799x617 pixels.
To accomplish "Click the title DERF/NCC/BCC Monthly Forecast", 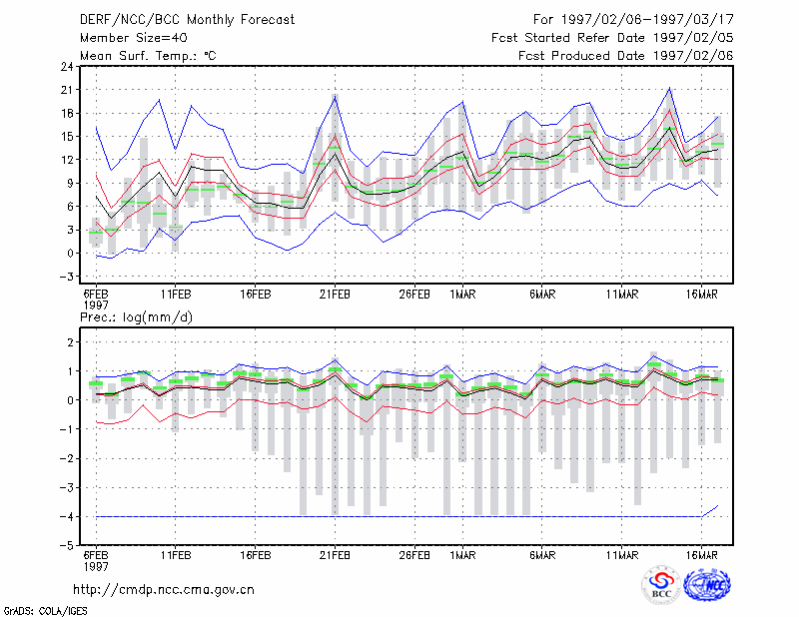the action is click(187, 20).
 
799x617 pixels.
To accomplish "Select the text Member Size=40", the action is click(134, 38).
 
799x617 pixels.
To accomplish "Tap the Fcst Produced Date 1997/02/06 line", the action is click(625, 56).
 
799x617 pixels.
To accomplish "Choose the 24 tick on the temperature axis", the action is click(67, 66).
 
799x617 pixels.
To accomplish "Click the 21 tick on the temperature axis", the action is click(67, 90).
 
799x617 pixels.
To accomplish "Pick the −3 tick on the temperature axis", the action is click(66, 277).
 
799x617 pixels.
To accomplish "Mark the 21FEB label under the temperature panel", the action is click(335, 295).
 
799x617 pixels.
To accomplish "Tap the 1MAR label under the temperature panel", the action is click(462, 295).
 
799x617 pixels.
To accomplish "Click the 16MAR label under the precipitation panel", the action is click(702, 555).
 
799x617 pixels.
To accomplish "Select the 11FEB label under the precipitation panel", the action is click(176, 555).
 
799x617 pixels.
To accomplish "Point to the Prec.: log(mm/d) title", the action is click(136, 317).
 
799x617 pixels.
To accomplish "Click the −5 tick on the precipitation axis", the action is click(66, 546).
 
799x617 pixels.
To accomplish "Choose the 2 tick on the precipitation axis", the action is click(70, 341).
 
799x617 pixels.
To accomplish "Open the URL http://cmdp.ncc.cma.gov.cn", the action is click(164, 589).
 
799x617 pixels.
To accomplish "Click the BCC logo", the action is click(661, 585).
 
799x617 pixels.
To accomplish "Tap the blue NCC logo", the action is click(707, 584).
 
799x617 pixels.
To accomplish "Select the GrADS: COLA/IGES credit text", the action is click(45, 611).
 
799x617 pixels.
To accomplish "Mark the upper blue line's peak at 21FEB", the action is click(335, 97).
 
